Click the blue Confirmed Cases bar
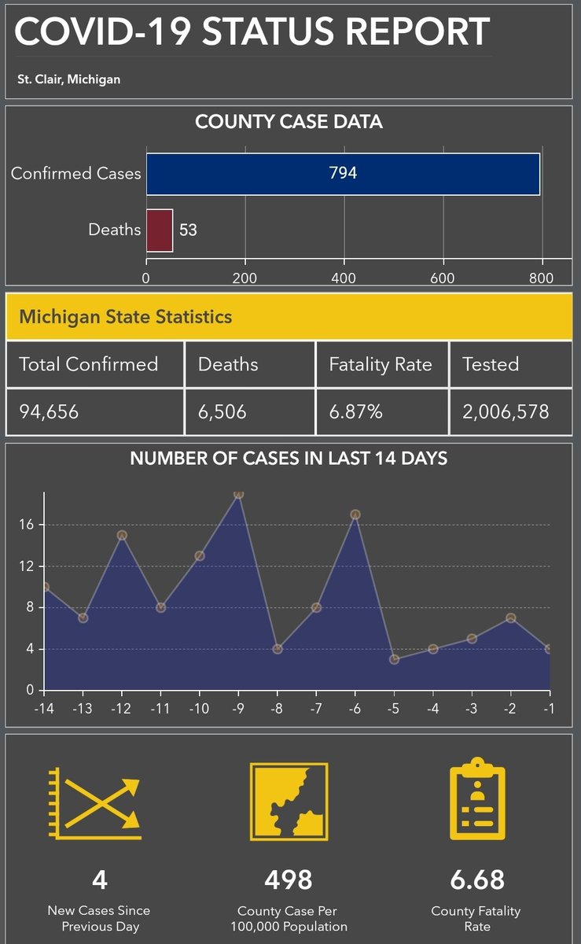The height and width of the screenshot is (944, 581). (343, 173)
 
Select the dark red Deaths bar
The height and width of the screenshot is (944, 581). (160, 230)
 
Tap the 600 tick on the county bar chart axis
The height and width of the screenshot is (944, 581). (443, 277)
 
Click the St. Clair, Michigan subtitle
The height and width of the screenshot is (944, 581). (69, 79)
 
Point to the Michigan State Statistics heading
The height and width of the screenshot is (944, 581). (126, 317)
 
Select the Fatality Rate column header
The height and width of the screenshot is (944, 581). (381, 364)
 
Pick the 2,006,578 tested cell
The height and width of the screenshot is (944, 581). (506, 411)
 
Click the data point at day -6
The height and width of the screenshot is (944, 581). (355, 514)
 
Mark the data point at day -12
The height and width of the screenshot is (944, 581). (122, 535)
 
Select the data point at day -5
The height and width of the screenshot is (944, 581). (394, 659)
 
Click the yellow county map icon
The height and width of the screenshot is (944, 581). (289, 801)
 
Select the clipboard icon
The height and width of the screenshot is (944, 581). (476, 800)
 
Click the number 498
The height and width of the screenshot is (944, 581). (289, 879)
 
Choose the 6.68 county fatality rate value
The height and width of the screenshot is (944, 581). (476, 879)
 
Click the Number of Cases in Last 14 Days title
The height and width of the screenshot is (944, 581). (289, 458)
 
